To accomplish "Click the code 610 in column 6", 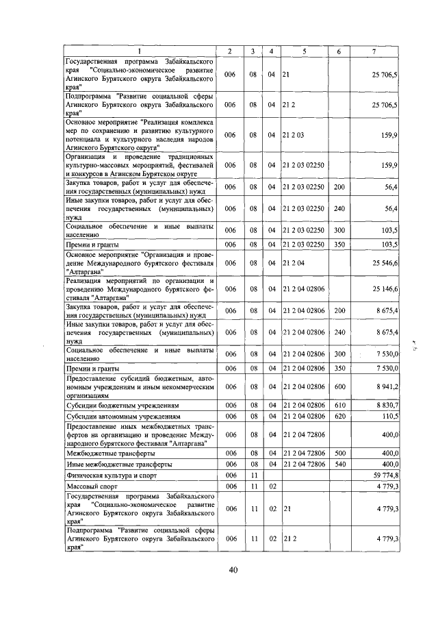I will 339,406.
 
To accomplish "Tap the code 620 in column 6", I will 339,416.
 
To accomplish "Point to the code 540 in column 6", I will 339,464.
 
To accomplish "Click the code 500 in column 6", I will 339,454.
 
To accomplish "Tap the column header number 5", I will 303,52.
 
